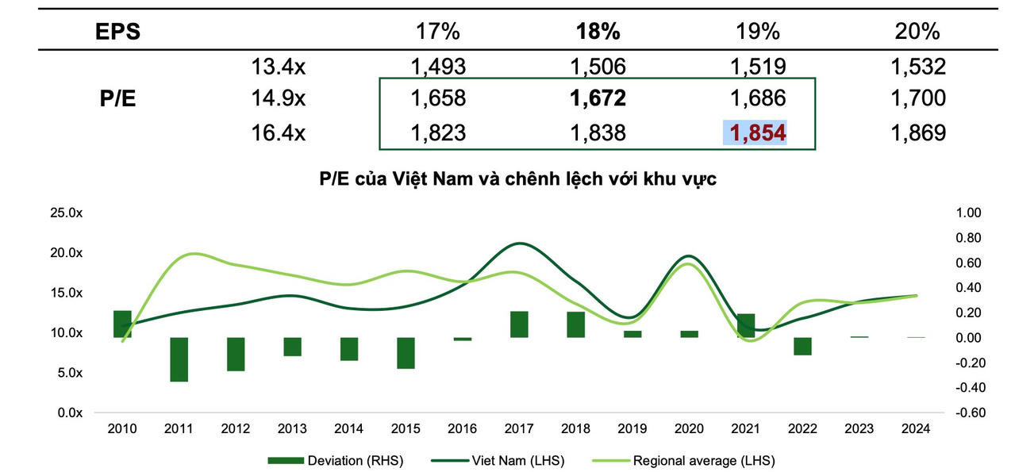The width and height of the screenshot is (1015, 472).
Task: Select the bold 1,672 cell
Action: [598, 98]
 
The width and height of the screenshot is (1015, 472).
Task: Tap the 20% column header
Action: [917, 32]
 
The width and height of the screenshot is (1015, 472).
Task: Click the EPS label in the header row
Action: [119, 32]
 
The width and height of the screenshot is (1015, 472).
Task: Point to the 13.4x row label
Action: [279, 67]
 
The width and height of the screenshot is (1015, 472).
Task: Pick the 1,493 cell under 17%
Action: [438, 67]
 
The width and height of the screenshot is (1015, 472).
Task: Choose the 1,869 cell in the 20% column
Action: [918, 132]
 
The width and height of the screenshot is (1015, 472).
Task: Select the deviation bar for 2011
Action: [179, 359]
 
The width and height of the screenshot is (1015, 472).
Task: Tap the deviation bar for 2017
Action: [519, 324]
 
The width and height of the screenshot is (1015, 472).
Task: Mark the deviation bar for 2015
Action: [406, 353]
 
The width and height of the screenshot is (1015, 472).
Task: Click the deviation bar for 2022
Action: [802, 346]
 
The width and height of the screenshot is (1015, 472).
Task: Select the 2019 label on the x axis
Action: [632, 428]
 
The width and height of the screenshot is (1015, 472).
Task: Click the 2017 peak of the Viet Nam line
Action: [520, 244]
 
